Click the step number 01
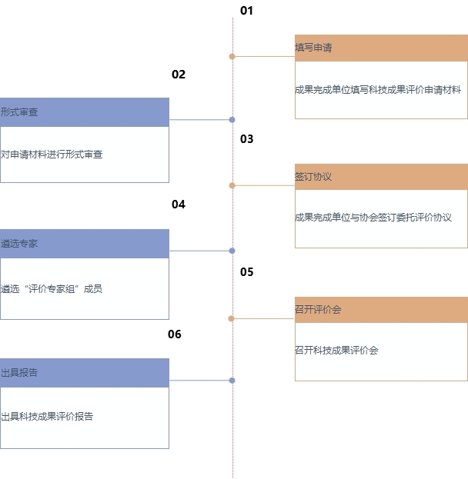point(246,11)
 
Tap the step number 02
point(179,75)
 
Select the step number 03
point(246,139)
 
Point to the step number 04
point(179,205)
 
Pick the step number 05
point(246,272)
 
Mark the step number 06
point(175,334)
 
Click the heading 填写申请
point(313,48)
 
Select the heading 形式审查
point(19,112)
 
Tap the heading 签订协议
point(313,177)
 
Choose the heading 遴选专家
point(19,244)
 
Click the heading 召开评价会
point(318,309)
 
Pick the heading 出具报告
point(19,373)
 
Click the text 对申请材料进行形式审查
point(52,155)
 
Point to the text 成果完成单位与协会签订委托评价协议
point(373,218)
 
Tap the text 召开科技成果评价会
point(336,350)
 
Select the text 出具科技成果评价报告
point(47,417)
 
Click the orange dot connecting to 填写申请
point(232,57)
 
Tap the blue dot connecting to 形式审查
point(232,120)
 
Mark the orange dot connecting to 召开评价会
point(231,318)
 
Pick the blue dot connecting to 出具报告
point(232,381)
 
